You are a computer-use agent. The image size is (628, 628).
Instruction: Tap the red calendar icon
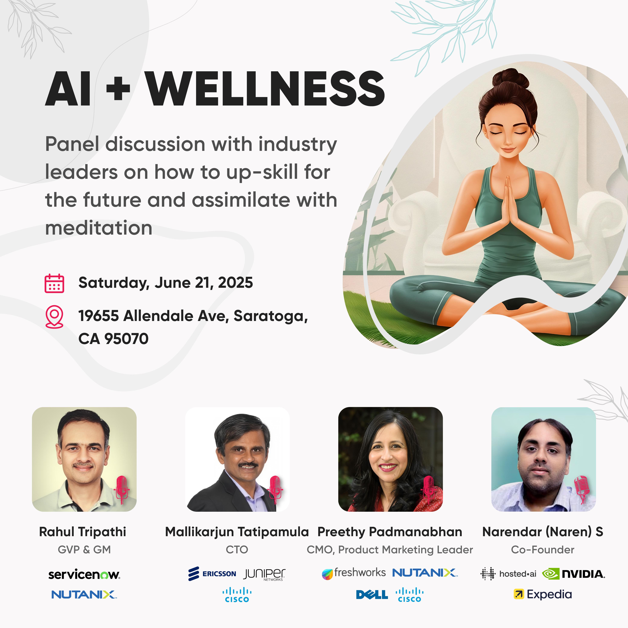(54, 284)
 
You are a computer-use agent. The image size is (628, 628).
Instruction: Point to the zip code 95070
(127, 339)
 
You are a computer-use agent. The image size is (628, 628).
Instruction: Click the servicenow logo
(84, 574)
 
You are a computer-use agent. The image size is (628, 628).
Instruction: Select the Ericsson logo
(212, 574)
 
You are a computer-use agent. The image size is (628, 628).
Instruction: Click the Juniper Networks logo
(264, 574)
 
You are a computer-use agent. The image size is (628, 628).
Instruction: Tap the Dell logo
(372, 594)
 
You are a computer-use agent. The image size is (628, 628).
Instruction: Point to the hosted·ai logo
(508, 574)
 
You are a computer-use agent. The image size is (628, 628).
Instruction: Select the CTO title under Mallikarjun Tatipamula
(237, 550)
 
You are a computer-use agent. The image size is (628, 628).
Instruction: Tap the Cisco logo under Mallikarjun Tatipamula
(237, 595)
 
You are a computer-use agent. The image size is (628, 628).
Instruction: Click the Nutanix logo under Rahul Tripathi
(84, 594)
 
